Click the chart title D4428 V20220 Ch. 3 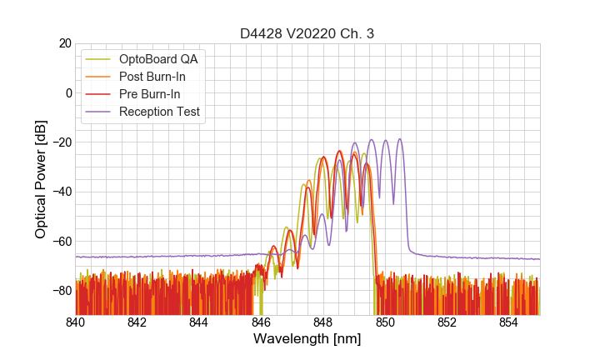(x=307, y=33)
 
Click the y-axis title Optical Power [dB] (x=41, y=178)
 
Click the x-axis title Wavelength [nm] (x=307, y=339)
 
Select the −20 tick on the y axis (x=60, y=142)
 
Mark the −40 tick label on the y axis (x=60, y=192)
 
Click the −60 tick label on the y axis (x=60, y=241)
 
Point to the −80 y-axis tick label (x=60, y=290)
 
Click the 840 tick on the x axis (x=75, y=322)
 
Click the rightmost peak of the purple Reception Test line (x=400, y=139)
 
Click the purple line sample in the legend (x=99, y=112)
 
